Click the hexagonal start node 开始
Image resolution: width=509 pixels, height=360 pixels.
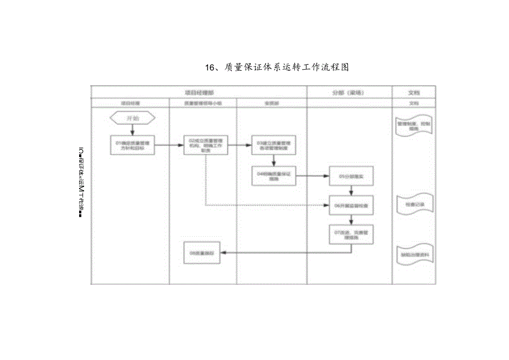tap(133, 118)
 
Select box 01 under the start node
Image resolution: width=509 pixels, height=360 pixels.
tap(133, 145)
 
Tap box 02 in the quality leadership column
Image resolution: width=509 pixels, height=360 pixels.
tap(205, 145)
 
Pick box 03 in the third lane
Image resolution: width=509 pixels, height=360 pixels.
tap(274, 145)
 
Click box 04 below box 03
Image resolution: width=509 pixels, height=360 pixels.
tap(274, 175)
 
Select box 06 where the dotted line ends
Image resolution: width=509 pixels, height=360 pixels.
tap(351, 205)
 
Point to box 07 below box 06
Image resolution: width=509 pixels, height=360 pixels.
tap(351, 234)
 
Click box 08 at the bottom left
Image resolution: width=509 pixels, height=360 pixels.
tap(202, 253)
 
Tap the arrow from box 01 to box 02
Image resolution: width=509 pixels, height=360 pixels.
tap(170, 145)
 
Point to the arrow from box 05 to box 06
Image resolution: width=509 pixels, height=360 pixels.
tap(351, 189)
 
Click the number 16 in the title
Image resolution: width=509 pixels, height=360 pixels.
tap(209, 67)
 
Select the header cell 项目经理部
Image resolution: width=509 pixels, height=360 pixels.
tap(199, 92)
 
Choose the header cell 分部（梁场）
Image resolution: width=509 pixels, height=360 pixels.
tap(349, 92)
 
